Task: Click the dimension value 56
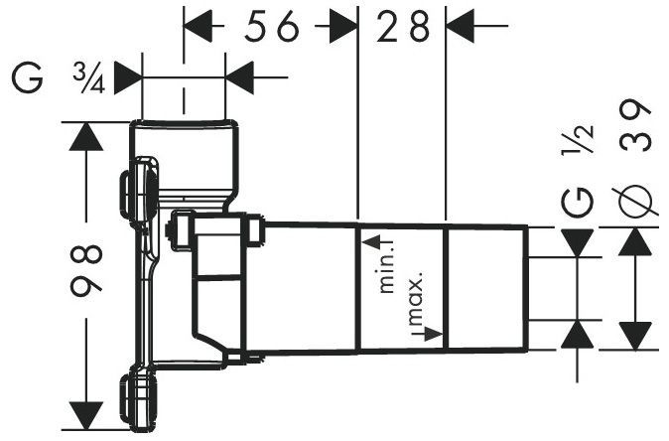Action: (272, 26)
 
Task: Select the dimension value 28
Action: (403, 26)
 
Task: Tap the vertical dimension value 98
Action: (86, 270)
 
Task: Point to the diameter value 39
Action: (635, 125)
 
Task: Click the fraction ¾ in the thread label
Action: (88, 78)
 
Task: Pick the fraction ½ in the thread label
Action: (578, 139)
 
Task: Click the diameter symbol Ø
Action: (635, 201)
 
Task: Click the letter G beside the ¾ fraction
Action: (28, 78)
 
